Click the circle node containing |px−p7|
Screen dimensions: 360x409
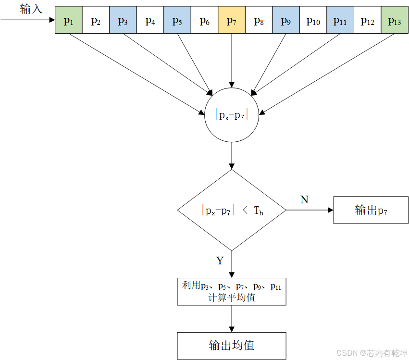click(232, 115)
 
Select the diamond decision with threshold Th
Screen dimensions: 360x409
click(232, 210)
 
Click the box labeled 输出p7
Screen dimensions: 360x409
click(371, 210)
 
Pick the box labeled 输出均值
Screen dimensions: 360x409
click(232, 346)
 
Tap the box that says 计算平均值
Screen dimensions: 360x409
click(232, 291)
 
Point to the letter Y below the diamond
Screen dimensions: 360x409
click(220, 261)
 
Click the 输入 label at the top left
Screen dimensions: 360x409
click(31, 9)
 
